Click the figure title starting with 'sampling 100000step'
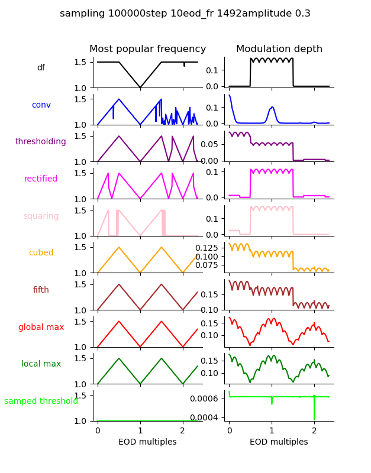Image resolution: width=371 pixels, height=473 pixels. pos(185,14)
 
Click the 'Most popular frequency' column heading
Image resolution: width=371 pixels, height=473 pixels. pos(148,49)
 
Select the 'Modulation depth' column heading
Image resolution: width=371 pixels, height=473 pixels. pos(279,49)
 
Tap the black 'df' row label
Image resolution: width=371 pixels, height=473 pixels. pos(41,68)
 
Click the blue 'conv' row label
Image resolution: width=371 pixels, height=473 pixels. pos(41,105)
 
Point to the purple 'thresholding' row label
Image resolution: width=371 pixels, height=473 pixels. pos(41,142)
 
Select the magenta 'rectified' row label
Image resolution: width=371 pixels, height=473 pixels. pos(41,179)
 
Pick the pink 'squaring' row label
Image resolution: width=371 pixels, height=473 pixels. pos(41,216)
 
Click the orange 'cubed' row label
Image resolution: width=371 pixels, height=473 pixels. pos(41,253)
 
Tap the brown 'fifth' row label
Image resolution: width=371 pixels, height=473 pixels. pos(41,290)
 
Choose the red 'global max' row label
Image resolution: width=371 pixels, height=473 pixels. pos(41,327)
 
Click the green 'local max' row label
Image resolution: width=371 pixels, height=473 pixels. pos(41,364)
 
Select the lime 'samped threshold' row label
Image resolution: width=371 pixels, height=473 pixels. pos(41,401)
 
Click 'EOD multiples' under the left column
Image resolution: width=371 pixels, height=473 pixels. pos(148,442)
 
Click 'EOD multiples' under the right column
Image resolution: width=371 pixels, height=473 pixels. pos(279,442)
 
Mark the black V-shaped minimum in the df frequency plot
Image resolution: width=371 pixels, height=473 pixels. pos(140,88)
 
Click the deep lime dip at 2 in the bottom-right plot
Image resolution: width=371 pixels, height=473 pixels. pos(314,417)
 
